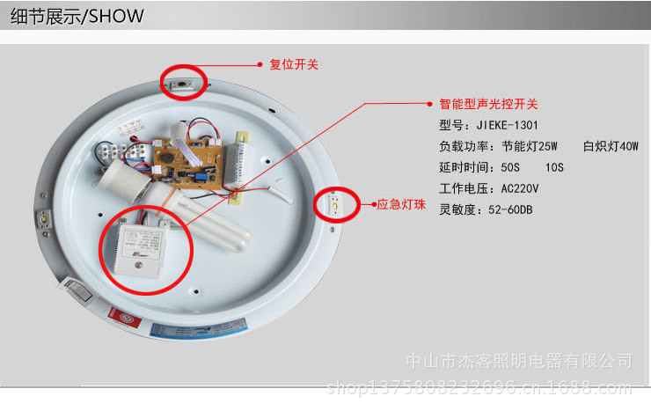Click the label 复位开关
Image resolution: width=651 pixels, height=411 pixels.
(295, 64)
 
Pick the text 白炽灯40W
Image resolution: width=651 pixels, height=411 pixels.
(610, 146)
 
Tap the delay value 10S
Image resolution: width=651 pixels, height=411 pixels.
(554, 167)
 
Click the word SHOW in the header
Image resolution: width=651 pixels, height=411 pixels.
(115, 17)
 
